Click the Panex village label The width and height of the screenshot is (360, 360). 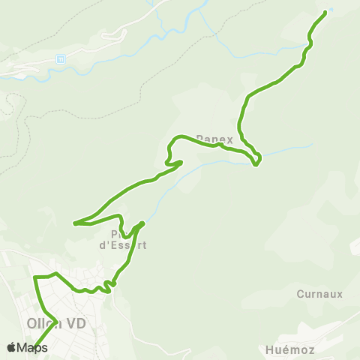coord(214,139)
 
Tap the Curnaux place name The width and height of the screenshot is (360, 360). coord(319,294)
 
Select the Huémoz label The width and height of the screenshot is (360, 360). coord(288,349)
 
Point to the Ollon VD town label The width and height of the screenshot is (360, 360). coord(56,323)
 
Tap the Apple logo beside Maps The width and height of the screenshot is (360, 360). coord(11,347)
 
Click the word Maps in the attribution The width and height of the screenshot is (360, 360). coord(32,347)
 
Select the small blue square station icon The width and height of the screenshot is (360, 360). coord(61,59)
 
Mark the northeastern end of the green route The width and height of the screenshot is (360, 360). coord(325,12)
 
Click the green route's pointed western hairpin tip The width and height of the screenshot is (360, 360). coord(74,223)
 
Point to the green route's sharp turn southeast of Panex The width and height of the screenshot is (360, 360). coord(256,164)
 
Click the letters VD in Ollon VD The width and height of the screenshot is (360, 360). coord(76,323)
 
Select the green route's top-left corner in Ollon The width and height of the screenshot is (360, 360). coord(35,278)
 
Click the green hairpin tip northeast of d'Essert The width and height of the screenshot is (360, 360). coord(142,223)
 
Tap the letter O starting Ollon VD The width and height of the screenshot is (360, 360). coord(32,323)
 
